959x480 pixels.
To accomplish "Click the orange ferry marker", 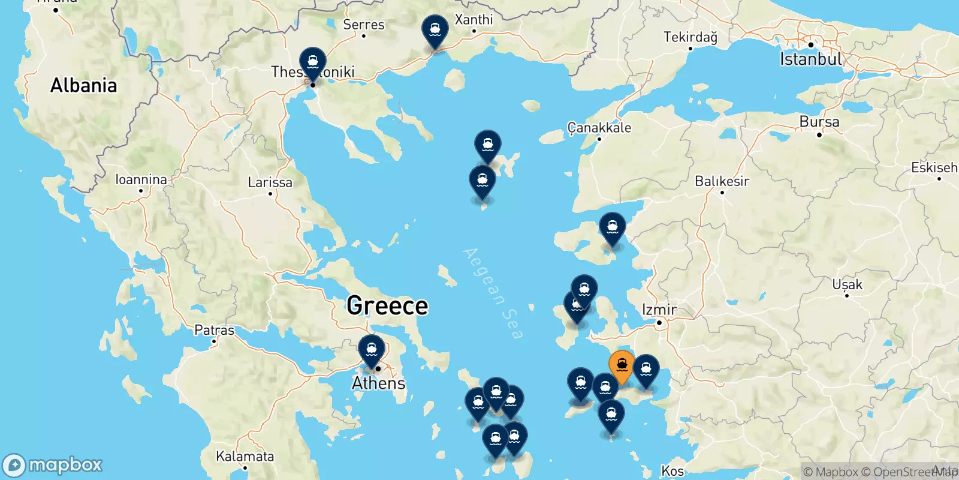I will click(x=622, y=365).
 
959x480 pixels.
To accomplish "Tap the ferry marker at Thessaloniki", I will click(x=313, y=62).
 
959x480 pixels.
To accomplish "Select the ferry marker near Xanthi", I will click(x=435, y=29).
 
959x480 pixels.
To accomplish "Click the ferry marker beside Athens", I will click(x=372, y=349).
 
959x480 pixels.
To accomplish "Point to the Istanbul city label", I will click(x=810, y=59).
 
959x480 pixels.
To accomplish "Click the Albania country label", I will click(x=83, y=86).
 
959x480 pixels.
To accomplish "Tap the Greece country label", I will click(x=387, y=306).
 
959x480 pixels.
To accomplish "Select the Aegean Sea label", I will click(x=493, y=293).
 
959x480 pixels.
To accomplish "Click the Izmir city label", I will click(x=659, y=310).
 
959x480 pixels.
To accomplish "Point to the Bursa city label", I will click(x=819, y=122).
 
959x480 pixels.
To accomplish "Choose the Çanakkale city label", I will click(x=599, y=128).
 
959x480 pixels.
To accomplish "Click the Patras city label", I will click(x=214, y=331).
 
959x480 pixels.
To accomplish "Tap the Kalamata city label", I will click(x=245, y=457).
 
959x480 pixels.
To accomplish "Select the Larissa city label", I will click(x=270, y=182).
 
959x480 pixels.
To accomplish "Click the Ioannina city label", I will click(x=141, y=179).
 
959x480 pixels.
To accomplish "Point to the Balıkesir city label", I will click(x=722, y=181).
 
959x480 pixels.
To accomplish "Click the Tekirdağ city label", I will click(x=690, y=37).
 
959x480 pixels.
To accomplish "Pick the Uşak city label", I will click(x=847, y=284).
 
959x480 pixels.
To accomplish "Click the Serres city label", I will click(x=363, y=25).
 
